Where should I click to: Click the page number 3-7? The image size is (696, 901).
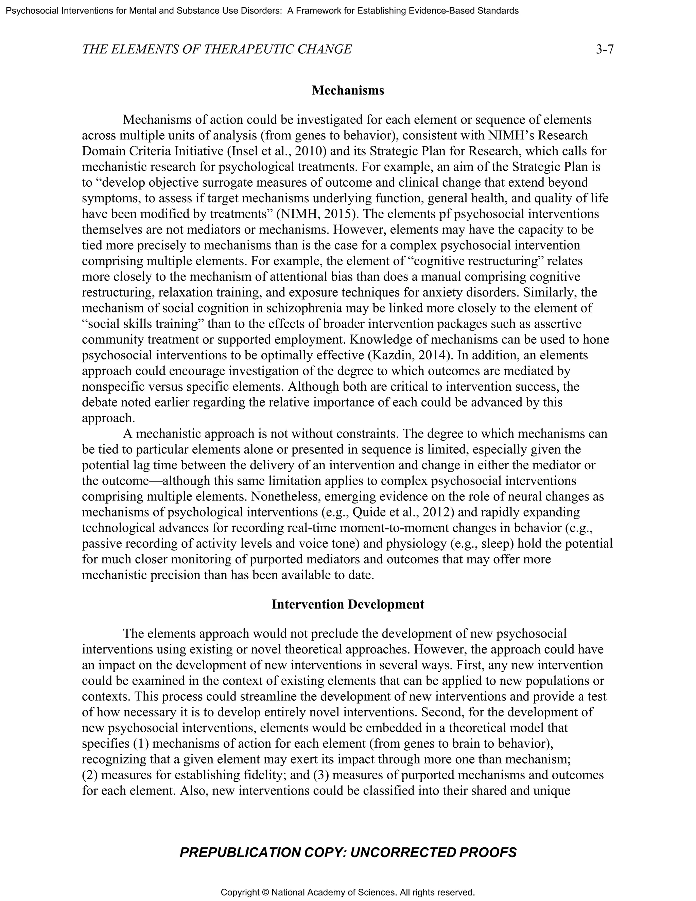point(605,50)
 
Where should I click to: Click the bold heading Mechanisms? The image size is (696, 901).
point(348,90)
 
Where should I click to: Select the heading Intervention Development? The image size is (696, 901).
point(348,605)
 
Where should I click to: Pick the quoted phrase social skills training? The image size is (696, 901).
point(143,324)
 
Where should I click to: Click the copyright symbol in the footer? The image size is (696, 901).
point(265,893)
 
